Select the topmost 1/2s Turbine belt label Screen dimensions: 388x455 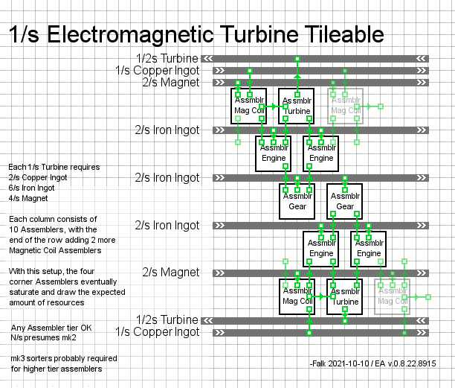click(167, 58)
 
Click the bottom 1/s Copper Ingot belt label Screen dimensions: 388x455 click(157, 331)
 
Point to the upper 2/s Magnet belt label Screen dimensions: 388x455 click(171, 83)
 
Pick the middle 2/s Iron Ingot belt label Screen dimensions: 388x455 click(167, 178)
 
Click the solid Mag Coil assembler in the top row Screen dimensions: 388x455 click(250, 106)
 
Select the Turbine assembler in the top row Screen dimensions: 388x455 click(297, 106)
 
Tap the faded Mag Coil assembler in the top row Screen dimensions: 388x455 click(345, 106)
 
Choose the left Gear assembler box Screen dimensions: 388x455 click(297, 201)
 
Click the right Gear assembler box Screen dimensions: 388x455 click(345, 201)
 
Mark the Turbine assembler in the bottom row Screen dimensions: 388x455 click(345, 296)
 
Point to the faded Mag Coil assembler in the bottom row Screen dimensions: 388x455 click(393, 296)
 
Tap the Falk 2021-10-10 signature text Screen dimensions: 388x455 click(372, 363)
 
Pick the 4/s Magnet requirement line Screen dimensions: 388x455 click(28, 197)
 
